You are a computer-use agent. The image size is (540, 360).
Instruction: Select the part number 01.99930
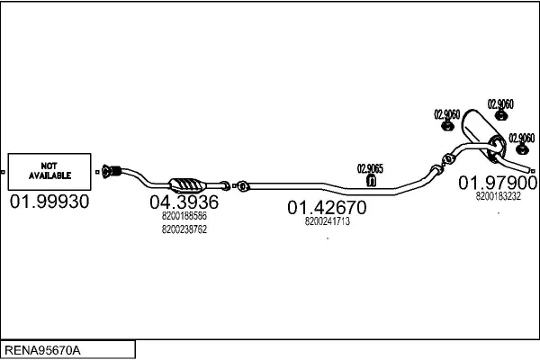pyautogui.click(x=49, y=202)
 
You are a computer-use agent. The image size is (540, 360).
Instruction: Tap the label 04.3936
pyautogui.click(x=184, y=202)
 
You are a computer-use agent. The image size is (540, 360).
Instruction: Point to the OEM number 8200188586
pyautogui.click(x=184, y=216)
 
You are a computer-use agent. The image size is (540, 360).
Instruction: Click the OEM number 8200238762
pyautogui.click(x=184, y=229)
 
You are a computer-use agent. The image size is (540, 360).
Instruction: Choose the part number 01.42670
pyautogui.click(x=327, y=208)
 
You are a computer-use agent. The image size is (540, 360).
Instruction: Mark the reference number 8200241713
pyautogui.click(x=327, y=221)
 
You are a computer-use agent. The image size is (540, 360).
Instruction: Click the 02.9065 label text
pyautogui.click(x=370, y=167)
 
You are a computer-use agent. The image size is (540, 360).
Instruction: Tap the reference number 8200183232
pyautogui.click(x=498, y=196)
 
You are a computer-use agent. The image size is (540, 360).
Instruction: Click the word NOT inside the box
pyautogui.click(x=49, y=165)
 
